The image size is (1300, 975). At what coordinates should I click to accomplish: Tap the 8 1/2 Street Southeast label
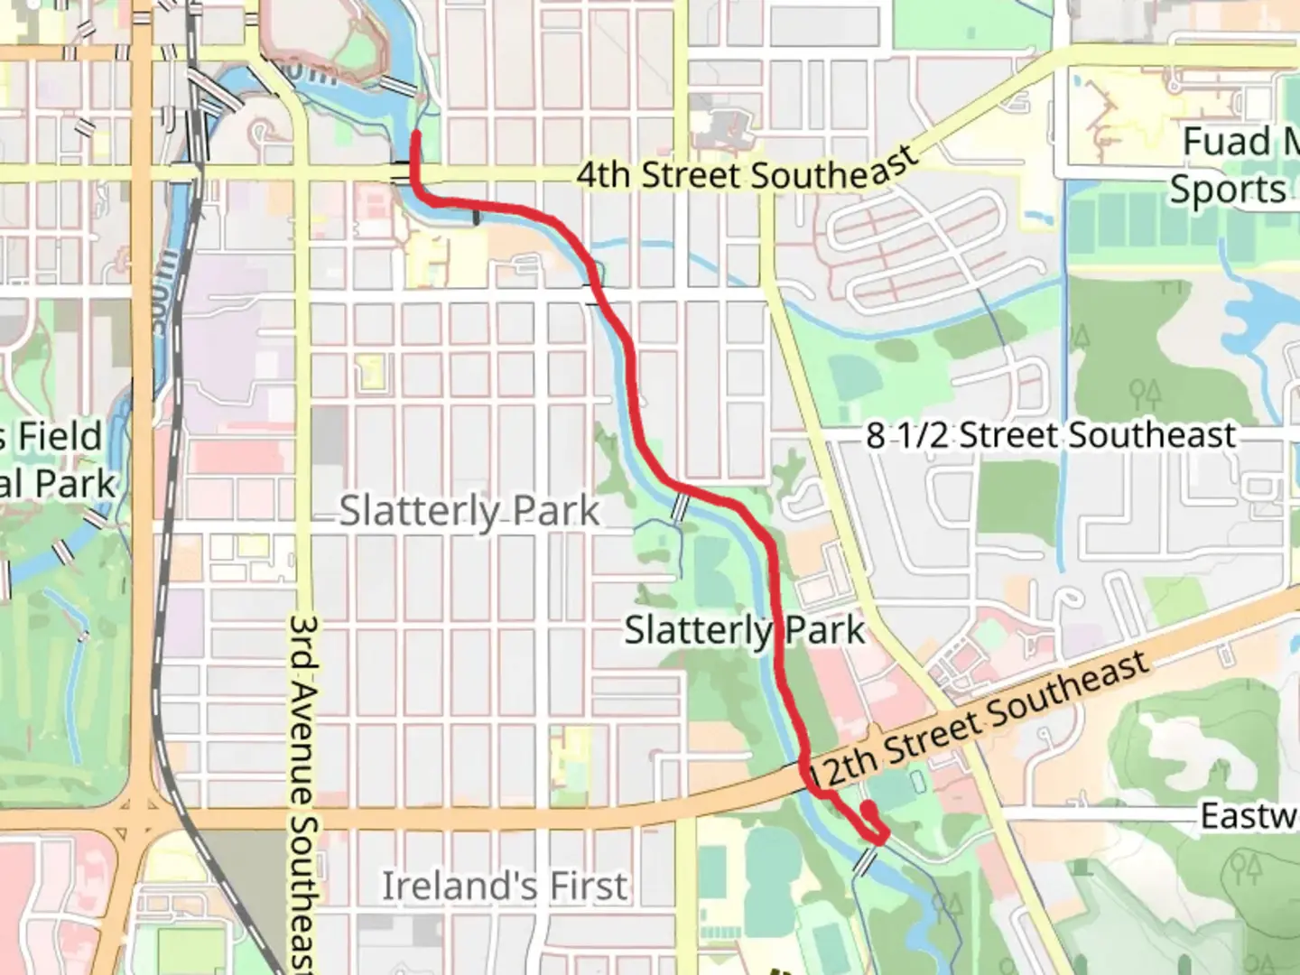(x=1050, y=435)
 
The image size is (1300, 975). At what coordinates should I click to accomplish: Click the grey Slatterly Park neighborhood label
(x=469, y=512)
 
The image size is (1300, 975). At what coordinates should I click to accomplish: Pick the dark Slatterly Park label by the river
(x=744, y=629)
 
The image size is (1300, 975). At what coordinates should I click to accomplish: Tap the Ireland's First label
(x=504, y=886)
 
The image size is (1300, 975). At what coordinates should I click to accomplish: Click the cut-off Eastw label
(x=1249, y=816)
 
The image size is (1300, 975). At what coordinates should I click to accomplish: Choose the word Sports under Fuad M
(x=1228, y=190)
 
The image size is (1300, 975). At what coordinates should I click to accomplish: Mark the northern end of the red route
(x=416, y=135)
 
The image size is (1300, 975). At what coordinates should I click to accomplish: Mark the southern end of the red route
(x=867, y=806)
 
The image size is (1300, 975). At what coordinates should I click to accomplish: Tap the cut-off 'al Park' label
(x=58, y=484)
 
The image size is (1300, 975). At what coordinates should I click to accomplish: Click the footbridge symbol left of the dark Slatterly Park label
(x=680, y=508)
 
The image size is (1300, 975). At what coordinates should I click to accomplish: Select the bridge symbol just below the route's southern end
(x=866, y=861)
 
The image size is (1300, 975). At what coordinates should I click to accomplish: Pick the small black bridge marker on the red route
(x=477, y=217)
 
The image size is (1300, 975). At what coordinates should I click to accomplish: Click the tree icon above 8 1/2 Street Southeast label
(x=1145, y=394)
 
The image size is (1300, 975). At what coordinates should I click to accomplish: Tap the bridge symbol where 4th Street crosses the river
(x=400, y=172)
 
